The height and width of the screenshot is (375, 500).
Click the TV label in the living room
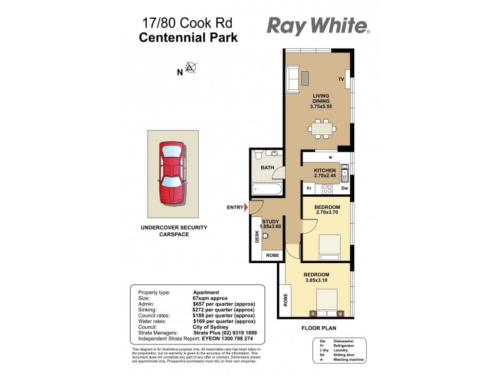pyautogui.click(x=341, y=80)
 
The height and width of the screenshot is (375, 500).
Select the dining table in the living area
pyautogui.click(x=321, y=129)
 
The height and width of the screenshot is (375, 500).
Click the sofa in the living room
pyautogui.click(x=292, y=78)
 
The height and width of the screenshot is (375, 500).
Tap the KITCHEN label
pyautogui.click(x=325, y=171)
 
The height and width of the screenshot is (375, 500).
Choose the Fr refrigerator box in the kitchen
pyautogui.click(x=309, y=188)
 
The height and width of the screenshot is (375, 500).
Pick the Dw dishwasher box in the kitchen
pyautogui.click(x=344, y=188)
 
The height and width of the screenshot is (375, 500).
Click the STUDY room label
pyautogui.click(x=271, y=221)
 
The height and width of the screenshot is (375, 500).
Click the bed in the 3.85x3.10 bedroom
pyautogui.click(x=326, y=304)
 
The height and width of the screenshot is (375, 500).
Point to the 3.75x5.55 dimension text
pyautogui.click(x=321, y=107)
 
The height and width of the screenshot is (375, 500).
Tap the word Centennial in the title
pyautogui.click(x=167, y=37)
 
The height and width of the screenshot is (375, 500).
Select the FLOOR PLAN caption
pyautogui.click(x=319, y=327)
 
